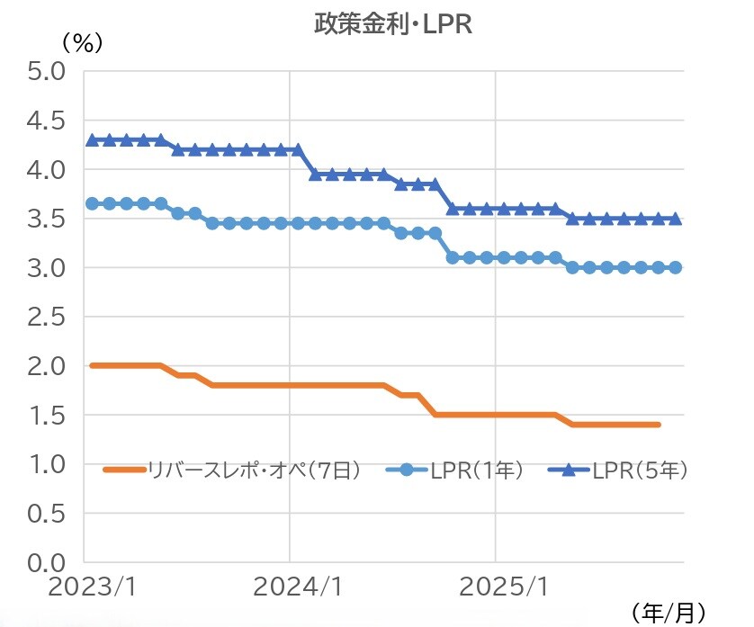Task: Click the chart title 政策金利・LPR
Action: (392, 24)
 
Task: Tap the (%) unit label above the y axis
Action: (82, 41)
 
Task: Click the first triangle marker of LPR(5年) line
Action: (92, 139)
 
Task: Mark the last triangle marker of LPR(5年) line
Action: (675, 218)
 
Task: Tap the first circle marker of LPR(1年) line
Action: (92, 203)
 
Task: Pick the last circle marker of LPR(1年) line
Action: (675, 267)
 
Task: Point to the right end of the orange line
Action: (660, 425)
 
